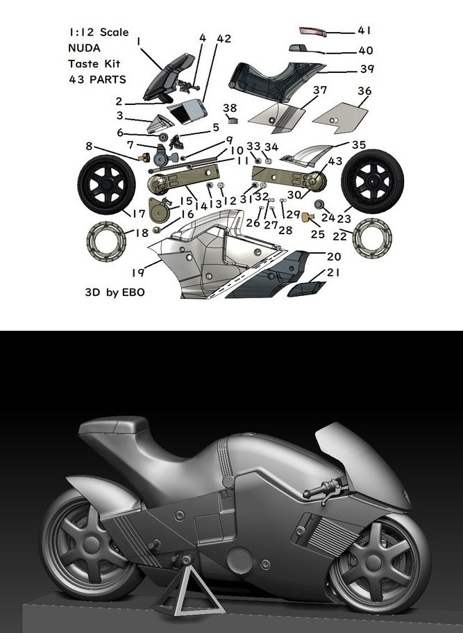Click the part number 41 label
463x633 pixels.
click(364, 31)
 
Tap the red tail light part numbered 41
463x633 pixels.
click(313, 31)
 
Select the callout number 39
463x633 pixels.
click(367, 69)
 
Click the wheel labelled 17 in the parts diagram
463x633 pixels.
click(106, 185)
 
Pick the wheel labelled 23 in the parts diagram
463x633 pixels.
click(372, 181)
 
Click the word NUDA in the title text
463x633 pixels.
click(84, 48)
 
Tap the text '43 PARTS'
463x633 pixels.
click(98, 79)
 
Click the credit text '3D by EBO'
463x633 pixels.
click(115, 292)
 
